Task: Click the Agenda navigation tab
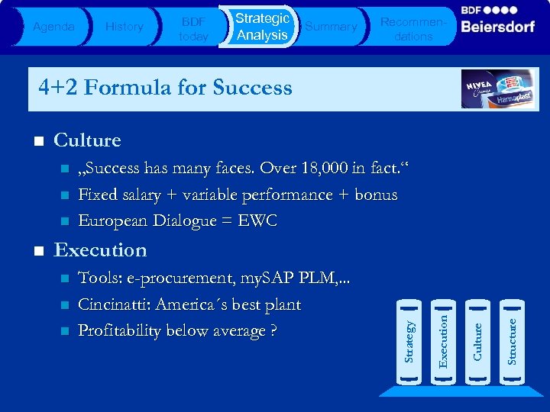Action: coord(53,27)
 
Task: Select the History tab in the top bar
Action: coord(124,27)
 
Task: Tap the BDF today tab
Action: coord(192,29)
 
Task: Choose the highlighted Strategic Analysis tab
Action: coord(262,27)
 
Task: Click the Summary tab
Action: coord(331,27)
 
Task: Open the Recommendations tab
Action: coord(413,29)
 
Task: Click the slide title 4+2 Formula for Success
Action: coord(165,88)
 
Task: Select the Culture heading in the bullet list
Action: coord(87,140)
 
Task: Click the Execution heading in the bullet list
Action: coord(100,250)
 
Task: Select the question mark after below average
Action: coord(271,331)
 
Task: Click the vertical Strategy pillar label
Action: coord(410,341)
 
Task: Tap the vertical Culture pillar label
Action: coord(477,341)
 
